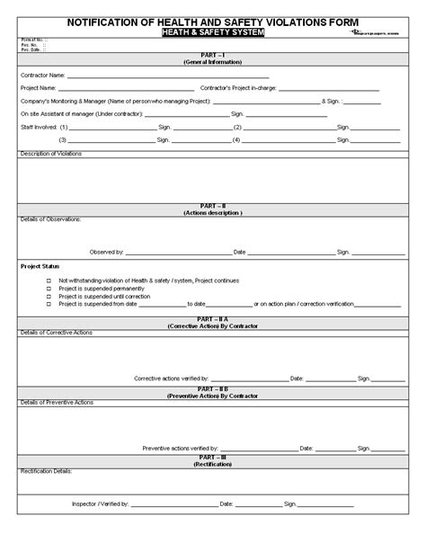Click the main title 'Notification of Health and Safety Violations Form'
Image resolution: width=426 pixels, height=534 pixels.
212,20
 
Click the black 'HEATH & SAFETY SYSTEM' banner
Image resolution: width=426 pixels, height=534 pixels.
213,32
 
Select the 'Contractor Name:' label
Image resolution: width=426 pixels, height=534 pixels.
42,76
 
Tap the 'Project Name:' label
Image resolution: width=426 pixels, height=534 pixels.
38,88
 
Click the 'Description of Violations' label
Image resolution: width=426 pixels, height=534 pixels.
50,154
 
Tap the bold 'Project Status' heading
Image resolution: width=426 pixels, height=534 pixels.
40,267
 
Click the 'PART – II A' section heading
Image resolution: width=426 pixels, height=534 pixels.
212,318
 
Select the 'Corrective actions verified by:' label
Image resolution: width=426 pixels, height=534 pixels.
172,378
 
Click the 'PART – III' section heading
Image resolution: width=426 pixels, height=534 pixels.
212,457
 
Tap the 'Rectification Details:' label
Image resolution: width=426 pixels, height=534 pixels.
46,470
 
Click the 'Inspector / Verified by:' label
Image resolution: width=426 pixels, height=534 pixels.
100,504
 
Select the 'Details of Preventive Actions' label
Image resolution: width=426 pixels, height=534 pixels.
55,401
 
